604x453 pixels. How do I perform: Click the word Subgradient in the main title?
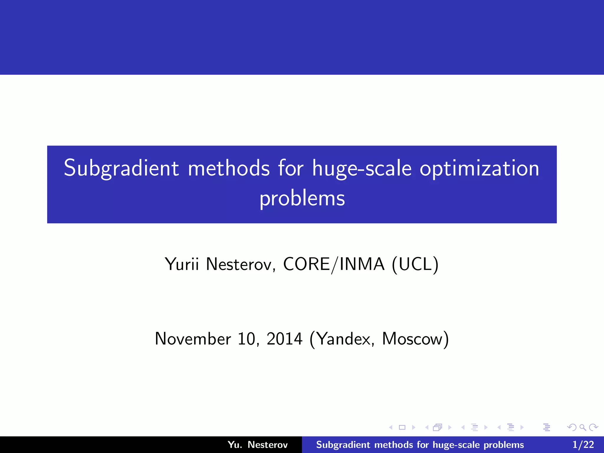(121, 168)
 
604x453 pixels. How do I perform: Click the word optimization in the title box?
(480, 168)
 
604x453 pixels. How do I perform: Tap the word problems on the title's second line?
(302, 198)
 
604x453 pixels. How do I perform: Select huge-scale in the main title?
(362, 168)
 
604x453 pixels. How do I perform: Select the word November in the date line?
(193, 339)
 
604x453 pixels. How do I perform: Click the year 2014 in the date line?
(284, 339)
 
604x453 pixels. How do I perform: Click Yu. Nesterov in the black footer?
(257, 445)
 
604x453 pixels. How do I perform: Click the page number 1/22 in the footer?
(583, 445)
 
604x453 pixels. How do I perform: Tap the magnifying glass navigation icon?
(582, 427)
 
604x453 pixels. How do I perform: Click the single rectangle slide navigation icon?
(402, 427)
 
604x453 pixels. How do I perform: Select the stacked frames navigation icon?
(437, 427)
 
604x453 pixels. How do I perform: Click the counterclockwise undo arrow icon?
(572, 427)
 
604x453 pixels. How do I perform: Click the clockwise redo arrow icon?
(593, 427)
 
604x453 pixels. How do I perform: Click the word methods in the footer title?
(393, 445)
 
